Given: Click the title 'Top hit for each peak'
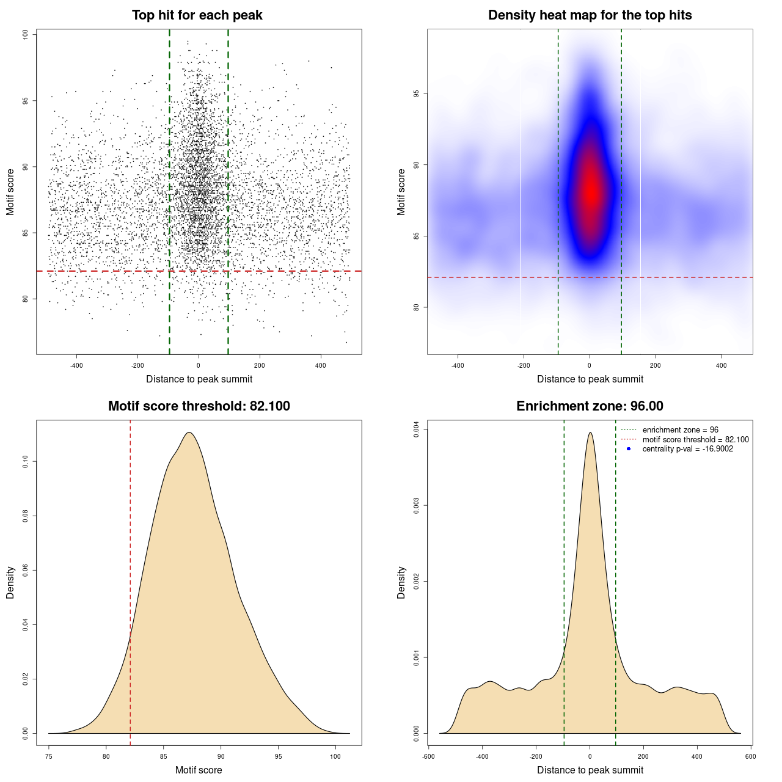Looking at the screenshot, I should [x=197, y=15].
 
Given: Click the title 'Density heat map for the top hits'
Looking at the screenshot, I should [x=590, y=15].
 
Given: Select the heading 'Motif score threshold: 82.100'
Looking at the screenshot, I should [x=199, y=406].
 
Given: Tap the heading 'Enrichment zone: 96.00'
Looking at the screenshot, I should [x=590, y=406].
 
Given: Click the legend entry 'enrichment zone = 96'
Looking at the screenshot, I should [x=680, y=430].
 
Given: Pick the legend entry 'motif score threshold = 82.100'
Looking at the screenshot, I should [x=695, y=440].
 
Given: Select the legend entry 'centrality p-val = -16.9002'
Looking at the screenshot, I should [x=687, y=449].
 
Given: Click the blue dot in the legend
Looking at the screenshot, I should [x=629, y=449].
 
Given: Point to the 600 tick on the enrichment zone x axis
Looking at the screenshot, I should [x=751, y=756].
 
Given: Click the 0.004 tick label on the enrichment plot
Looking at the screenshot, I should [x=416, y=430].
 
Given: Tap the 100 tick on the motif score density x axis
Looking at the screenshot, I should [x=335, y=756].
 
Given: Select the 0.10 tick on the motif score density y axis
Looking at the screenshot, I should [x=25, y=462].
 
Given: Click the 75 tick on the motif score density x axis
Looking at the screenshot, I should [x=49, y=756].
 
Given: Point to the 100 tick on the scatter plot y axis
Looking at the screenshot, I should [x=25, y=35].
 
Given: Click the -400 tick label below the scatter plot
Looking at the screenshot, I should [x=76, y=365].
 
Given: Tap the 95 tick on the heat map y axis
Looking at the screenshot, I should [x=416, y=93].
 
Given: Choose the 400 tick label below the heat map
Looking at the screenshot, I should [x=722, y=365].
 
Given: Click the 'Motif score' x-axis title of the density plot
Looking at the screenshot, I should [x=199, y=770].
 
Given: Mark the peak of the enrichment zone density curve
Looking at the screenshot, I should [x=590, y=433].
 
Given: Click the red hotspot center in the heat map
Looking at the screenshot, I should [x=590, y=191].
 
